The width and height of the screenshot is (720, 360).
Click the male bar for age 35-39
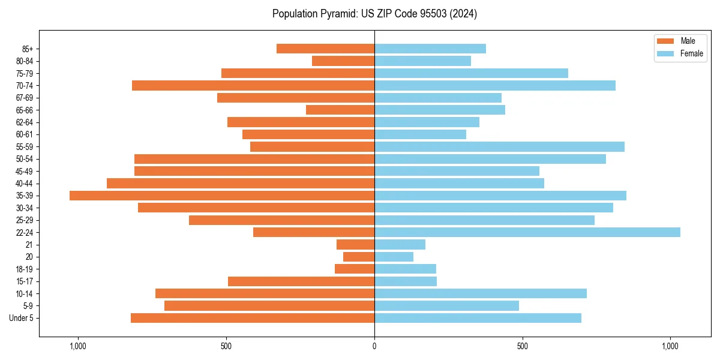tap(222, 196)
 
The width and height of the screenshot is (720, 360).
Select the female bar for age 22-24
tap(527, 232)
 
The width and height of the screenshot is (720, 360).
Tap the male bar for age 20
tap(359, 257)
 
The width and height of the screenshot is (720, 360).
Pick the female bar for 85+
tap(430, 49)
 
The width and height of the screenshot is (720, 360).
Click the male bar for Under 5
tap(252, 318)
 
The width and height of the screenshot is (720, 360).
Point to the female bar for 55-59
tap(499, 146)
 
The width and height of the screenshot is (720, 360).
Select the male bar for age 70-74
tap(253, 85)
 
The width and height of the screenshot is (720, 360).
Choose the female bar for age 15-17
tap(406, 281)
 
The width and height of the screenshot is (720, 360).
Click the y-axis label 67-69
tap(25, 98)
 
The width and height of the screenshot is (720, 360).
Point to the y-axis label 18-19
tap(25, 269)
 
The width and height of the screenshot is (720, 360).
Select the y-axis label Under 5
tap(22, 318)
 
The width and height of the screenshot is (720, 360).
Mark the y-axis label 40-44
tap(25, 184)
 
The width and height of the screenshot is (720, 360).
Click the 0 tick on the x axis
tap(374, 346)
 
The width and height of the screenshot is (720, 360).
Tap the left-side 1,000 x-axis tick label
tap(78, 346)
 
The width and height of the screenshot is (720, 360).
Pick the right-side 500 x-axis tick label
tap(523, 346)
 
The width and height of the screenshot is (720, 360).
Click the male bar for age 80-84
tap(343, 61)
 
